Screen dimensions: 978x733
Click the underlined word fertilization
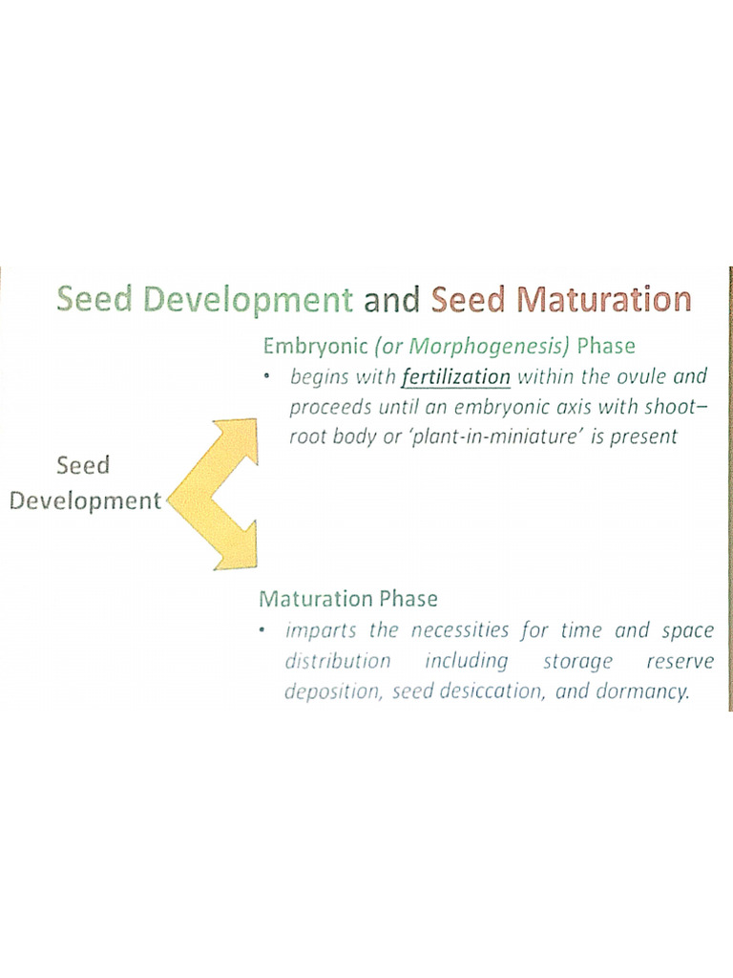(456, 377)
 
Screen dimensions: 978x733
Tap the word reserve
(679, 661)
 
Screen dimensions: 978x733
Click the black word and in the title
(392, 299)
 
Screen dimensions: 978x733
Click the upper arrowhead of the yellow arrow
(242, 435)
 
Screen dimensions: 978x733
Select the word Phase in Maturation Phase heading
(408, 599)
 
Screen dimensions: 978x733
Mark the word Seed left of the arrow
(83, 465)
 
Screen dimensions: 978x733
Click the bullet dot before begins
(269, 376)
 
